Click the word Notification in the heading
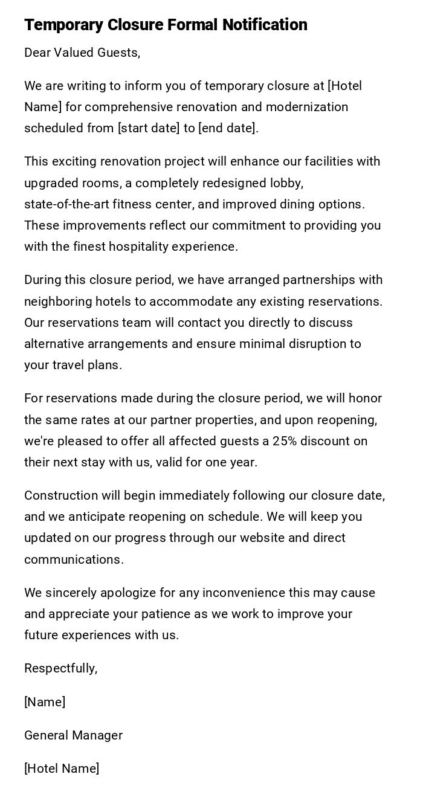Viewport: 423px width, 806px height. pyautogui.click(x=265, y=25)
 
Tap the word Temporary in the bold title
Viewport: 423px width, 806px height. pyautogui.click(x=63, y=25)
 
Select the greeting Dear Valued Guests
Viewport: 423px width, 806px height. pyautogui.click(x=82, y=53)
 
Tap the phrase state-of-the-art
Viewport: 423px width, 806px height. pyautogui.click(x=66, y=204)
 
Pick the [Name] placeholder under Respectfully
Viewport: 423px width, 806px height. pyautogui.click(x=45, y=702)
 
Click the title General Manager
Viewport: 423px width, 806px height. pyautogui.click(x=73, y=735)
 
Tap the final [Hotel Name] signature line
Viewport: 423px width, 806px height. pyautogui.click(x=62, y=769)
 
